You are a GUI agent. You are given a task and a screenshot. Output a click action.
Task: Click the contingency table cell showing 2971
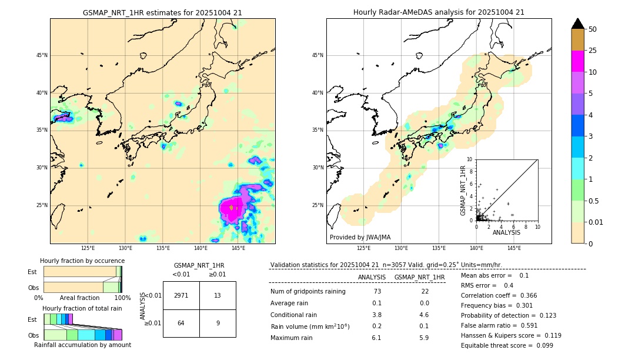[181, 295]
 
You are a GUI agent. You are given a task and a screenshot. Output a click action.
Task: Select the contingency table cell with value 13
[218, 295]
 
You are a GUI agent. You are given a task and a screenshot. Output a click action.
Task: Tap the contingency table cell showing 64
[181, 323]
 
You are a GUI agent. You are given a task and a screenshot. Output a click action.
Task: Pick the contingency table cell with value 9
[218, 323]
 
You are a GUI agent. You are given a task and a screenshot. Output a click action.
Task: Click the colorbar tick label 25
[593, 51]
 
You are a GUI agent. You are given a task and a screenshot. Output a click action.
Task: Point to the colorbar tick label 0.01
[596, 222]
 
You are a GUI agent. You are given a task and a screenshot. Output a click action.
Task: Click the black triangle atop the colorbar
[578, 24]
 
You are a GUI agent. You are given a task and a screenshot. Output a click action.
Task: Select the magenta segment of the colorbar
[578, 61]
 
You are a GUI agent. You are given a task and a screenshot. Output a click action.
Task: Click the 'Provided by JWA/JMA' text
[360, 238]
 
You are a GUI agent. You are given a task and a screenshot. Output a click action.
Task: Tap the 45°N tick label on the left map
[42, 55]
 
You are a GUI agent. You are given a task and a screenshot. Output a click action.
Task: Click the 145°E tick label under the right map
[514, 248]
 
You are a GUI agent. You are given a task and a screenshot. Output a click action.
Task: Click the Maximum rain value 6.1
[377, 338]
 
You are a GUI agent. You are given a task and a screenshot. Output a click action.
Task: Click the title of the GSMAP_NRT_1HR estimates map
[162, 12]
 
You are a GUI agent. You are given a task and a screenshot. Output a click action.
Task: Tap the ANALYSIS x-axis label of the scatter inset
[506, 232]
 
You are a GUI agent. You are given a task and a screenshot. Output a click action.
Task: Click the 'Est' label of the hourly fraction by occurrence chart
[32, 272]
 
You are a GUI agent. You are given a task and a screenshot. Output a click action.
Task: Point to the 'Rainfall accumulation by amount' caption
[82, 345]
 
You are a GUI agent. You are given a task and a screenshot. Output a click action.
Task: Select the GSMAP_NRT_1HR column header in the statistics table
[419, 277]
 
